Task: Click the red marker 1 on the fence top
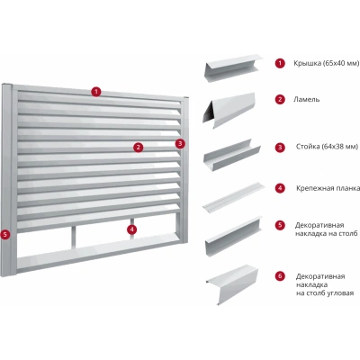[96, 91]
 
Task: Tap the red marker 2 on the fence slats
[138, 147]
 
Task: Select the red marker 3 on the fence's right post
[180, 144]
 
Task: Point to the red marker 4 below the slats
[131, 229]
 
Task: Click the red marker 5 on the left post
[5, 234]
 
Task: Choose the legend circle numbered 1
[280, 63]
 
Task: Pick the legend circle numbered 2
[280, 99]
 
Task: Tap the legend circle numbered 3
[280, 147]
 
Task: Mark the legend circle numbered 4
[280, 188]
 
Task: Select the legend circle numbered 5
[280, 225]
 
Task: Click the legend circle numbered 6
[280, 276]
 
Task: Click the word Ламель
[306, 99]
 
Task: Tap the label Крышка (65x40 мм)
[327, 63]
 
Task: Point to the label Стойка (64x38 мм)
[327, 147]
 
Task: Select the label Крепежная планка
[328, 188]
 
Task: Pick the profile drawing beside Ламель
[229, 111]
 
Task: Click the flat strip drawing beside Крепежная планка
[233, 197]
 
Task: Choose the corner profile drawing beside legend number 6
[232, 284]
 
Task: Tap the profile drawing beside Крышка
[233, 68]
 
